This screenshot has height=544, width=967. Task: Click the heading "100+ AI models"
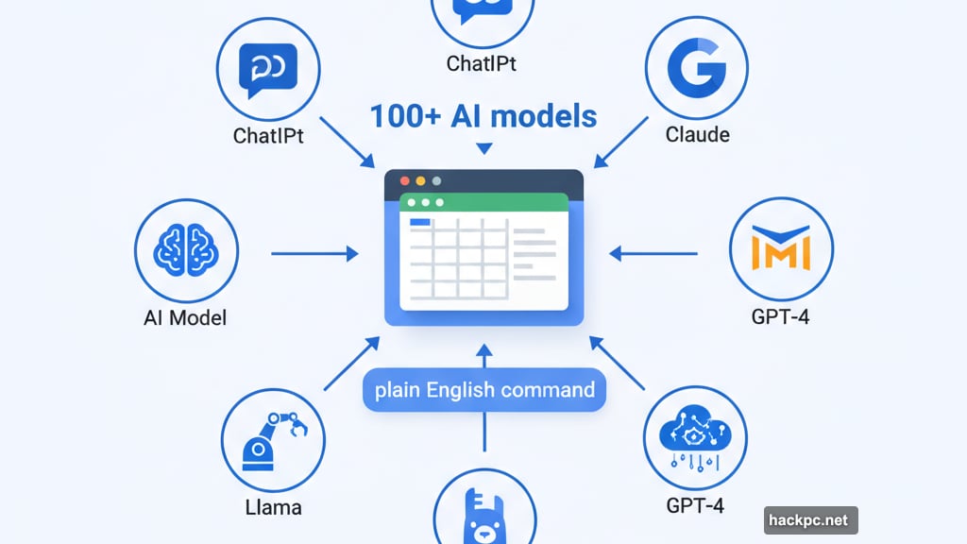(x=483, y=116)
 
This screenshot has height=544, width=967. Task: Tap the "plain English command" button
(x=484, y=390)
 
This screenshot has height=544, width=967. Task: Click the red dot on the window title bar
(x=405, y=180)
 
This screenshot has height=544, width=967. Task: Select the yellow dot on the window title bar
(x=435, y=180)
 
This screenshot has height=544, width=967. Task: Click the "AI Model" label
(x=185, y=318)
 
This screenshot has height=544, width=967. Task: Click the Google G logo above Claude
(x=697, y=69)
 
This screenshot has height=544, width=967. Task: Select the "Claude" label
(x=698, y=134)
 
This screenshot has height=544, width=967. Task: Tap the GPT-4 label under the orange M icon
(x=781, y=316)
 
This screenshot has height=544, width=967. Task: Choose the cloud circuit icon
(x=695, y=436)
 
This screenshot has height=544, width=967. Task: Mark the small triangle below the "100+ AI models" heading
(x=484, y=148)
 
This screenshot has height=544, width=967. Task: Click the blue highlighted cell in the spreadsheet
(x=419, y=222)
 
